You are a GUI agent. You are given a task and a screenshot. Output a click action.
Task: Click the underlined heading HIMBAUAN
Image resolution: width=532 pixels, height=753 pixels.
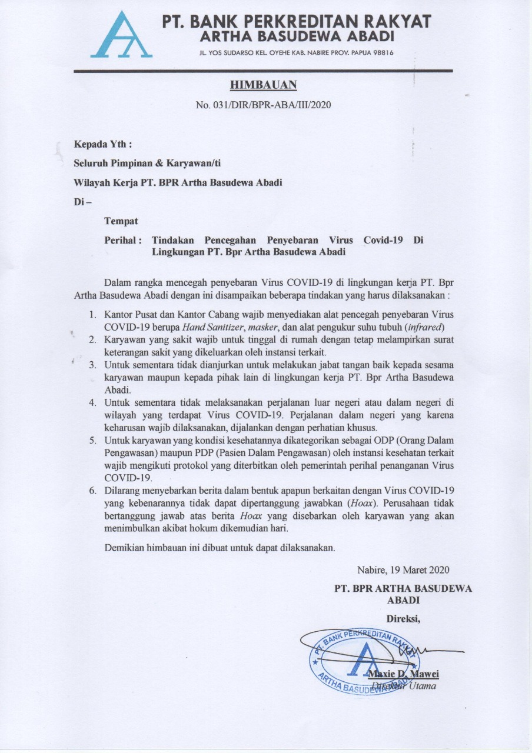pyautogui.click(x=263, y=85)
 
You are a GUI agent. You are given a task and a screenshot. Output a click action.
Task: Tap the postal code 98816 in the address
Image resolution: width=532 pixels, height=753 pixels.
pyautogui.click(x=382, y=52)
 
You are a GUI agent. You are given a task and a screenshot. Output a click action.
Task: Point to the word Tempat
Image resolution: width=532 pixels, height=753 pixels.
pyautogui.click(x=121, y=221)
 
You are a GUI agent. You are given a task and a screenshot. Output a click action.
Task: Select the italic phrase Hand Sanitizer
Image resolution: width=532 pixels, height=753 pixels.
pyautogui.click(x=207, y=326)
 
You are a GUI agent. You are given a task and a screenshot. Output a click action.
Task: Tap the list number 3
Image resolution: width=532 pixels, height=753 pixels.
pyautogui.click(x=92, y=365)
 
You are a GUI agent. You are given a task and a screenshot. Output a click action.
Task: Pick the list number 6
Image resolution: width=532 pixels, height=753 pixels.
pyautogui.click(x=92, y=490)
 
